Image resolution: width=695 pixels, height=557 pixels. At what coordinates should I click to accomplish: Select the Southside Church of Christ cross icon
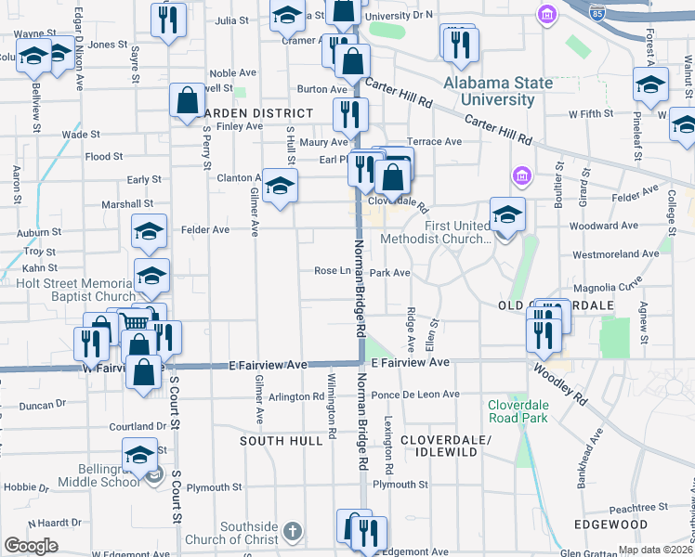[x=293, y=531]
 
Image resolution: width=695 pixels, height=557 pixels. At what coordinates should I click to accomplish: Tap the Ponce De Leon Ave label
[x=415, y=395]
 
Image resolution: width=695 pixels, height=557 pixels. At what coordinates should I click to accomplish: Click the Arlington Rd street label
[x=295, y=396]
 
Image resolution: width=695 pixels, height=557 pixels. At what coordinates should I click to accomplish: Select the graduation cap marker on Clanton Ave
[x=279, y=187]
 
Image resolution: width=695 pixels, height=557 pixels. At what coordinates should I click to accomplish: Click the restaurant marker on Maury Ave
[x=350, y=115]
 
